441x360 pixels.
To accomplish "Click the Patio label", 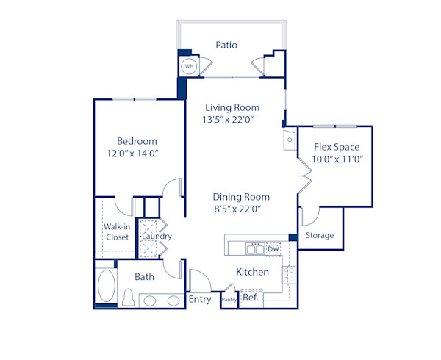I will (x=226, y=45).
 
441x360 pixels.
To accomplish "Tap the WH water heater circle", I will (x=189, y=66).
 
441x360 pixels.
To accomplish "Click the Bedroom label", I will (x=137, y=141).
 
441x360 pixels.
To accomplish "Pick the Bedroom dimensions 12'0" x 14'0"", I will (x=133, y=154).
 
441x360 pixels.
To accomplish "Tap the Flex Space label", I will (x=337, y=147).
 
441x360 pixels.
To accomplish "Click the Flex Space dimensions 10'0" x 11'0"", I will (x=338, y=159).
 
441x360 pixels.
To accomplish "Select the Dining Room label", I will (x=241, y=197).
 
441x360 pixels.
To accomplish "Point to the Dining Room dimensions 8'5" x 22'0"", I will (x=237, y=209).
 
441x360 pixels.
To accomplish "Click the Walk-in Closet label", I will (x=117, y=232).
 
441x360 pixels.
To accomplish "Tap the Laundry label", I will (x=157, y=237).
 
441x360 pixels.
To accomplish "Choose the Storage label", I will (x=320, y=236).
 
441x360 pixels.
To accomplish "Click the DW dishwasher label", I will (x=273, y=250).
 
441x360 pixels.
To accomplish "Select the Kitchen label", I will (x=252, y=272).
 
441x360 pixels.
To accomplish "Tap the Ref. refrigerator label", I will (x=250, y=298).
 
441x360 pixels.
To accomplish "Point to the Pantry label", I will (x=229, y=299).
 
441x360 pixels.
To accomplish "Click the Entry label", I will (x=200, y=299).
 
